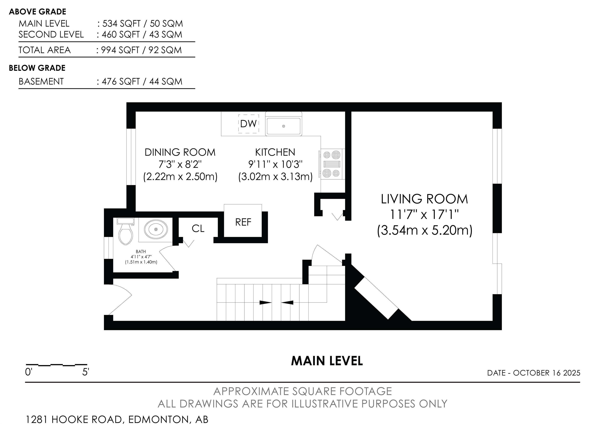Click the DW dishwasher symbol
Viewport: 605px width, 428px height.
pos(249,123)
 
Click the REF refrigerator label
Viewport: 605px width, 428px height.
pos(243,222)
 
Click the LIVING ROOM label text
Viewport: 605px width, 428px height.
pos(424,199)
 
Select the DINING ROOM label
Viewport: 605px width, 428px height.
pos(180,152)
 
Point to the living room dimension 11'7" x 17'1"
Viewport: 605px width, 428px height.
pos(424,215)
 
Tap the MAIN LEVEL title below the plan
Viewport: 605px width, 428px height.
pos(327,361)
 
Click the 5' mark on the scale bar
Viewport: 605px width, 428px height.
pos(86,372)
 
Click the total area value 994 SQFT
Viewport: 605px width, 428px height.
pos(120,50)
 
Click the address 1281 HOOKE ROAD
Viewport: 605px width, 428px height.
pos(74,419)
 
